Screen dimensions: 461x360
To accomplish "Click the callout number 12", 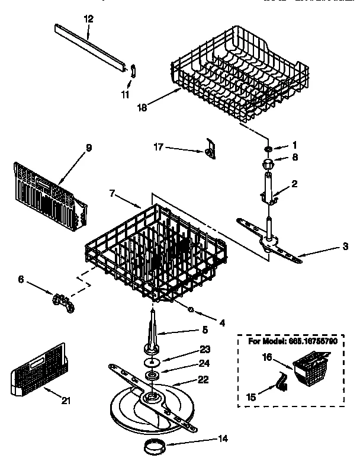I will coord(88,19).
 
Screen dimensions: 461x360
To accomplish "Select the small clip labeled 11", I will coord(133,71).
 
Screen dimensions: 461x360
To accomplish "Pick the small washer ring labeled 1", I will coord(268,148).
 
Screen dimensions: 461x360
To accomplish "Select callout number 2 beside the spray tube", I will coord(294,185).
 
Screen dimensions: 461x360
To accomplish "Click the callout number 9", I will coord(89,148).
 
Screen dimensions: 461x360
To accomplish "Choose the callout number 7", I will coord(112,193).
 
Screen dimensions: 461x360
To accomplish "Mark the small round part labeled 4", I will coord(191,309).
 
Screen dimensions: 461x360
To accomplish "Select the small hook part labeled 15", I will coord(279,382).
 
